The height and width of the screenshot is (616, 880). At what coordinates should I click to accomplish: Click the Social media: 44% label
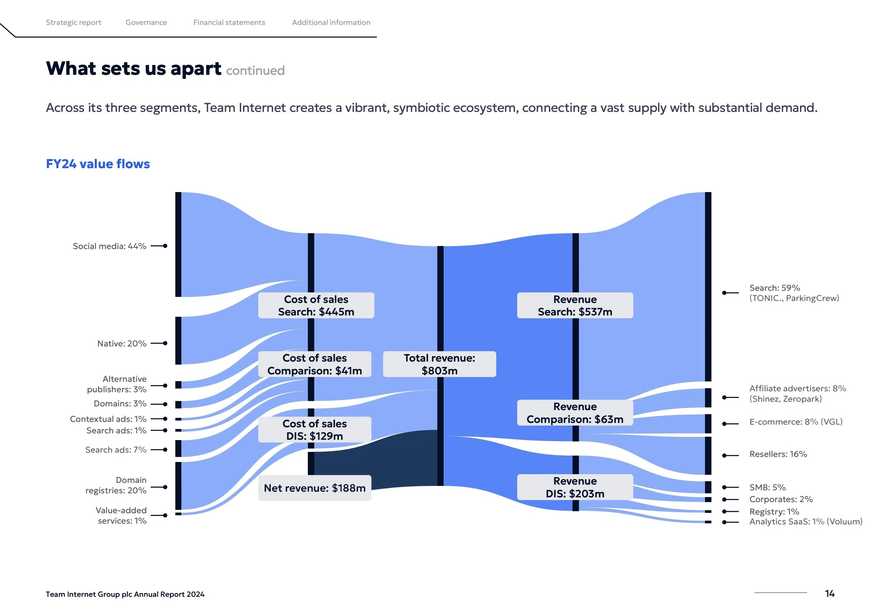(x=110, y=246)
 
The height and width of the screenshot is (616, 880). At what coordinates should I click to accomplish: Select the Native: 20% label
(x=122, y=343)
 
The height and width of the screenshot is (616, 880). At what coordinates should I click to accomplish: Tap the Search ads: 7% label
(x=116, y=450)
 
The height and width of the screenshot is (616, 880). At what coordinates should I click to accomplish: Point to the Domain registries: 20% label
(x=116, y=485)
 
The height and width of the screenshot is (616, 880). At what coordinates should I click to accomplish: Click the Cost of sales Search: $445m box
(x=316, y=305)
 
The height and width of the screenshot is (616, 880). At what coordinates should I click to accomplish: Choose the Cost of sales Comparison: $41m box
(x=315, y=364)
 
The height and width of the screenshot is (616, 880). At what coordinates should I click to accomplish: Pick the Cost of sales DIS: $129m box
(x=315, y=429)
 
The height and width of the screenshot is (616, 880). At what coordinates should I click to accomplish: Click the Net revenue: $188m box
(x=315, y=488)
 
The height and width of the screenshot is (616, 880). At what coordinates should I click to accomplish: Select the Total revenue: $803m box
(x=440, y=364)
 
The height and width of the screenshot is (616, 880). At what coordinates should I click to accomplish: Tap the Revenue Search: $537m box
(x=575, y=305)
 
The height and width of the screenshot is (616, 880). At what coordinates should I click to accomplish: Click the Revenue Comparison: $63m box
(x=575, y=412)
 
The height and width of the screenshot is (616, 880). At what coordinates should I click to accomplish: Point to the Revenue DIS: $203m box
(x=575, y=487)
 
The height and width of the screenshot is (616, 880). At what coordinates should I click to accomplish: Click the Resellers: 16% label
(x=778, y=454)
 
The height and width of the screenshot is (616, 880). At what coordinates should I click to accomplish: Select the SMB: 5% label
(x=767, y=487)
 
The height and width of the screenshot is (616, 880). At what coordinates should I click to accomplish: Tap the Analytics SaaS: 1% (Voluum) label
(x=805, y=521)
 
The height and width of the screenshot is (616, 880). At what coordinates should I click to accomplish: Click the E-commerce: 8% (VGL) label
(x=796, y=422)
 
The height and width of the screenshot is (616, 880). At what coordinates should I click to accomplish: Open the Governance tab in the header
(x=146, y=22)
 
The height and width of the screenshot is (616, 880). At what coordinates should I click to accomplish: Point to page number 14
(x=830, y=593)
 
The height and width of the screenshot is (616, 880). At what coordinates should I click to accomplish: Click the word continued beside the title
(x=255, y=70)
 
